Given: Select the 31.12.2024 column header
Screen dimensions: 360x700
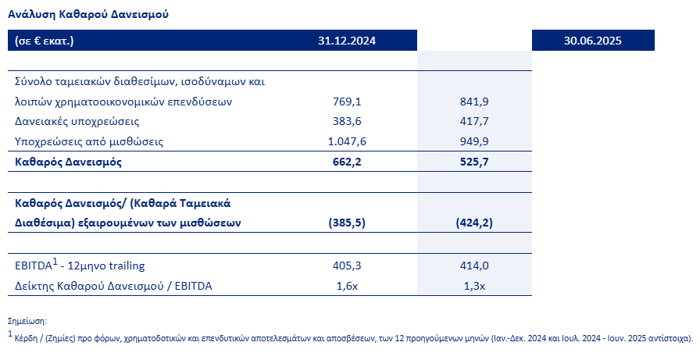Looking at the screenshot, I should (x=348, y=41).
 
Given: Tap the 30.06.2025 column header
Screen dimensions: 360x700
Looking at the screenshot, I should (x=592, y=41).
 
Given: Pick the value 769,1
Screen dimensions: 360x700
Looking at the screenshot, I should (x=348, y=102).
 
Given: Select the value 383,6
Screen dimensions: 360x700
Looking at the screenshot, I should (x=348, y=122).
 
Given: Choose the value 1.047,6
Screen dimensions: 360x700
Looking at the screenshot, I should (x=348, y=141).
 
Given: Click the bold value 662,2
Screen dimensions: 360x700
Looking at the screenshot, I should (x=348, y=162).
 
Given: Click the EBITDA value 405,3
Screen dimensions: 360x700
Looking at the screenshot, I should (x=348, y=266).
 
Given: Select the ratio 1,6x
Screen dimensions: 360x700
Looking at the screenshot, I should (x=348, y=286).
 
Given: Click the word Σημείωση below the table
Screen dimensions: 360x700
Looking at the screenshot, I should (x=27, y=322).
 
